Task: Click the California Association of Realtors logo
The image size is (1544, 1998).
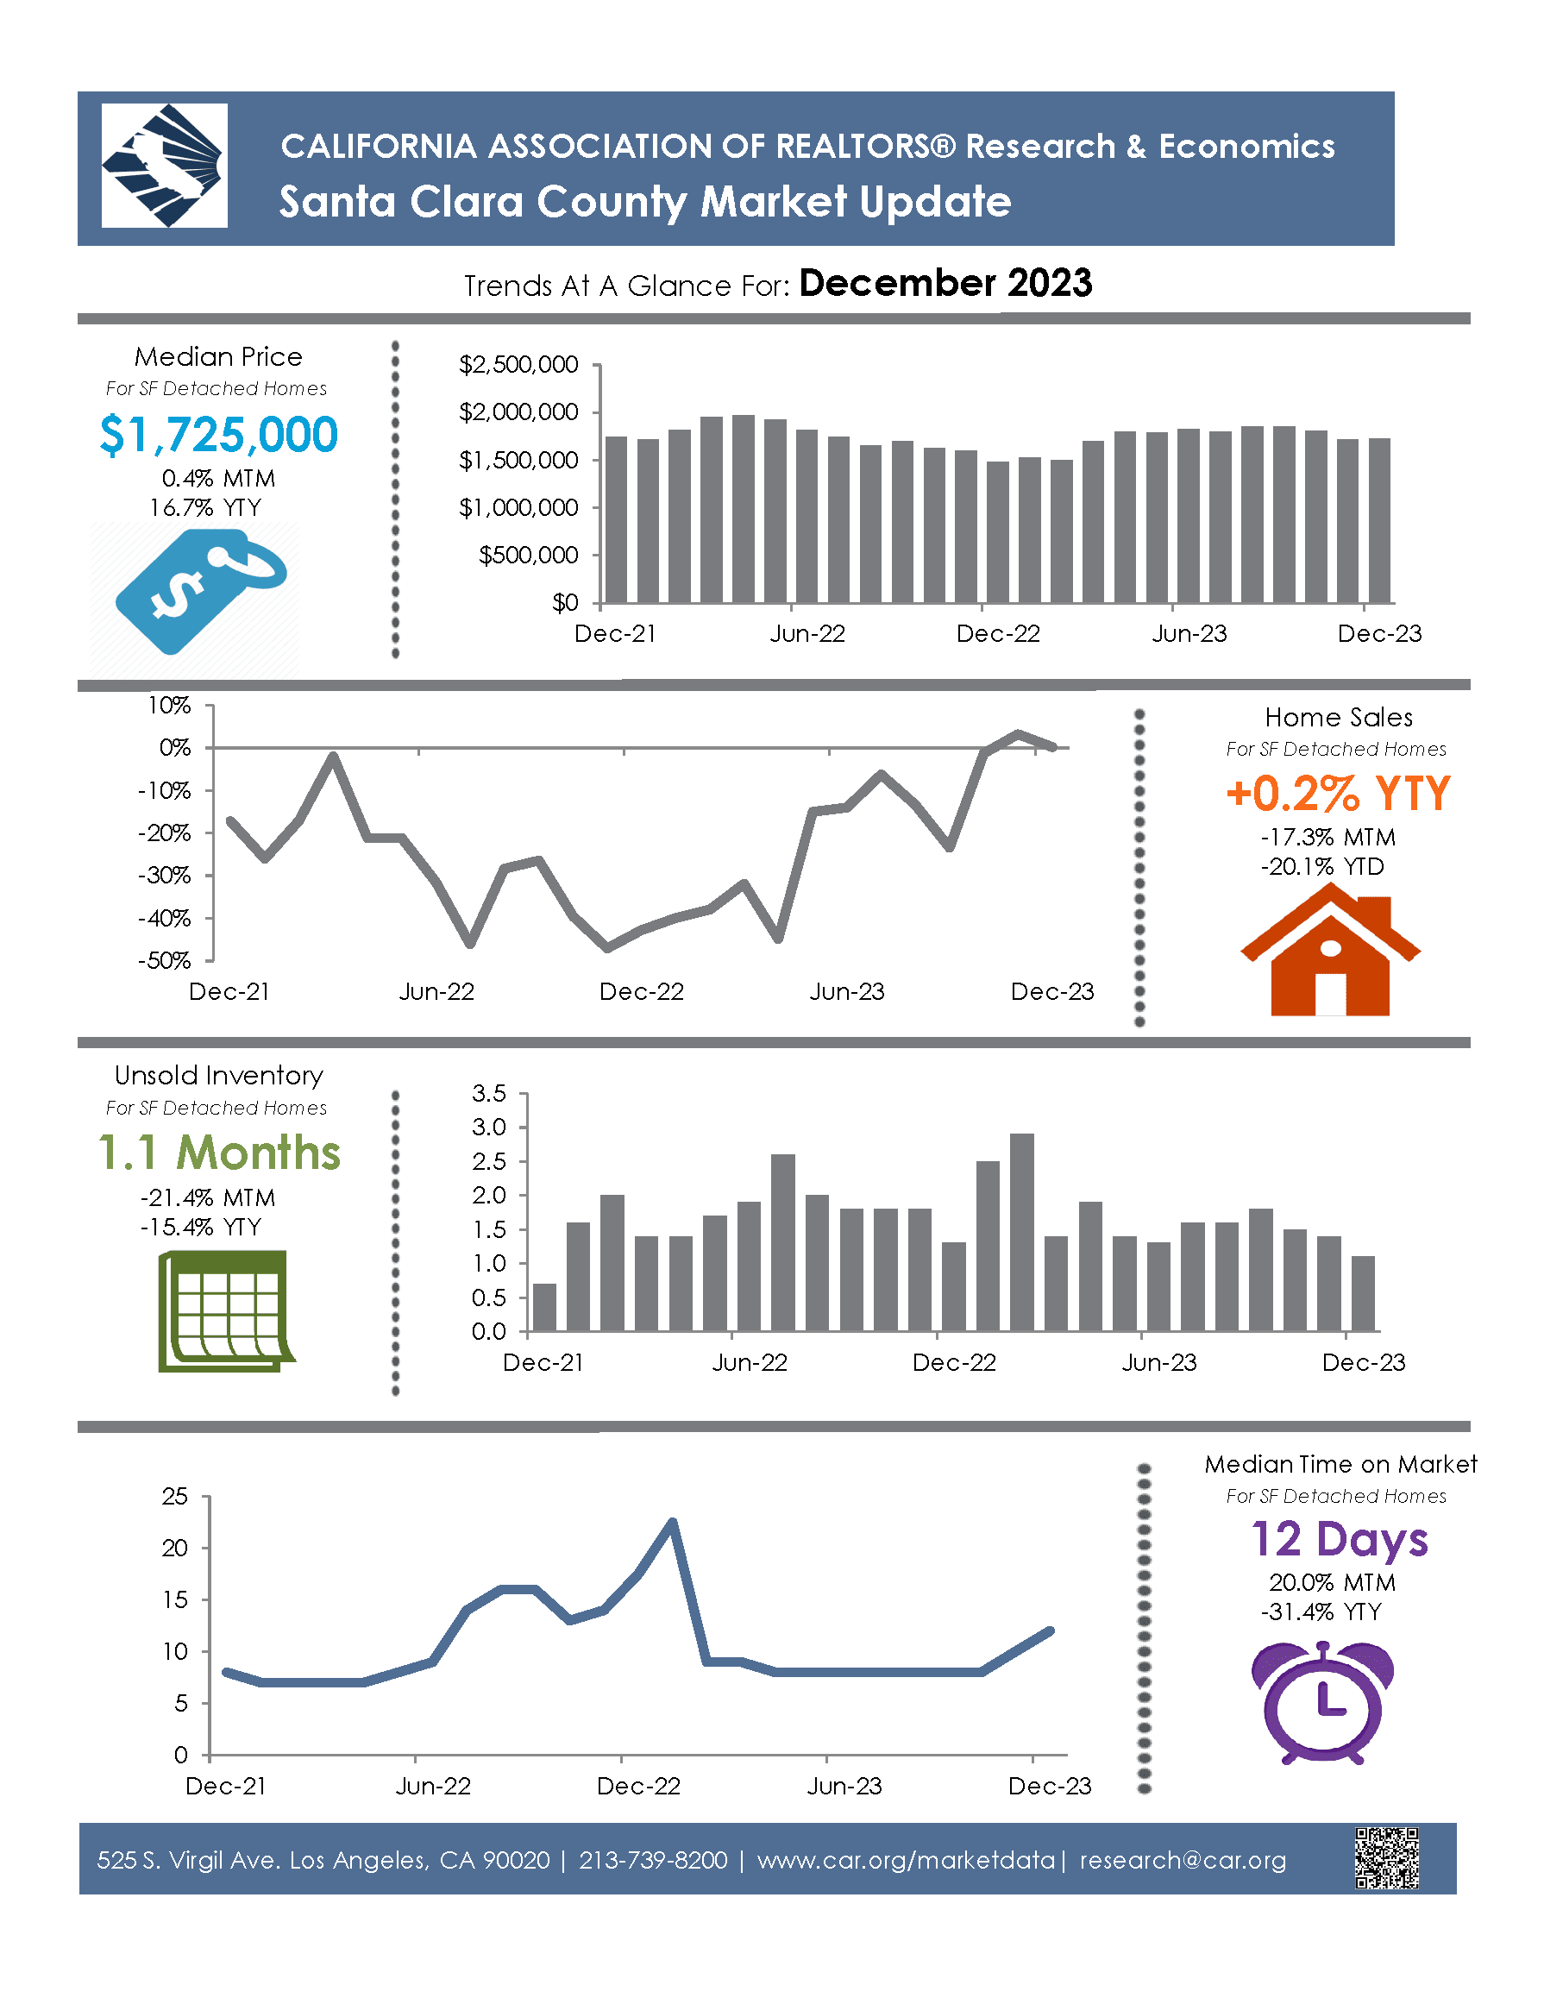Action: point(164,166)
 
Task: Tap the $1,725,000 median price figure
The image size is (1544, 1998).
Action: point(218,435)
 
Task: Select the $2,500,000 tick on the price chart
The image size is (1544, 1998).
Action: point(518,365)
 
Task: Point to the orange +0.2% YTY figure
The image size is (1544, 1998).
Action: point(1338,793)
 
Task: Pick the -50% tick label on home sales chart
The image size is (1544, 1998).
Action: point(165,960)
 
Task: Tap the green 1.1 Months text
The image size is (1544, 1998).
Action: point(220,1153)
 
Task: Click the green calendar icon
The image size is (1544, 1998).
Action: point(225,1311)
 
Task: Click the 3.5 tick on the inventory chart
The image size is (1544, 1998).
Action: point(489,1093)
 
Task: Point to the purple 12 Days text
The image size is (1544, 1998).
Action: point(1339,1540)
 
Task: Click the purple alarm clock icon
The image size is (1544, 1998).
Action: point(1322,1702)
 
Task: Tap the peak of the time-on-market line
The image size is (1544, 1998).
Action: point(672,1523)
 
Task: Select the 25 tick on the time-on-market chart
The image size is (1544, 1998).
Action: point(175,1498)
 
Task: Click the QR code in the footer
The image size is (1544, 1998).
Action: point(1387,1858)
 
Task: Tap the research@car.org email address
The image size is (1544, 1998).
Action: point(1183,1860)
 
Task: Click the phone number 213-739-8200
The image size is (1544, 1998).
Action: point(653,1860)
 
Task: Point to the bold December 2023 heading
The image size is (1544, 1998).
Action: point(945,284)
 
